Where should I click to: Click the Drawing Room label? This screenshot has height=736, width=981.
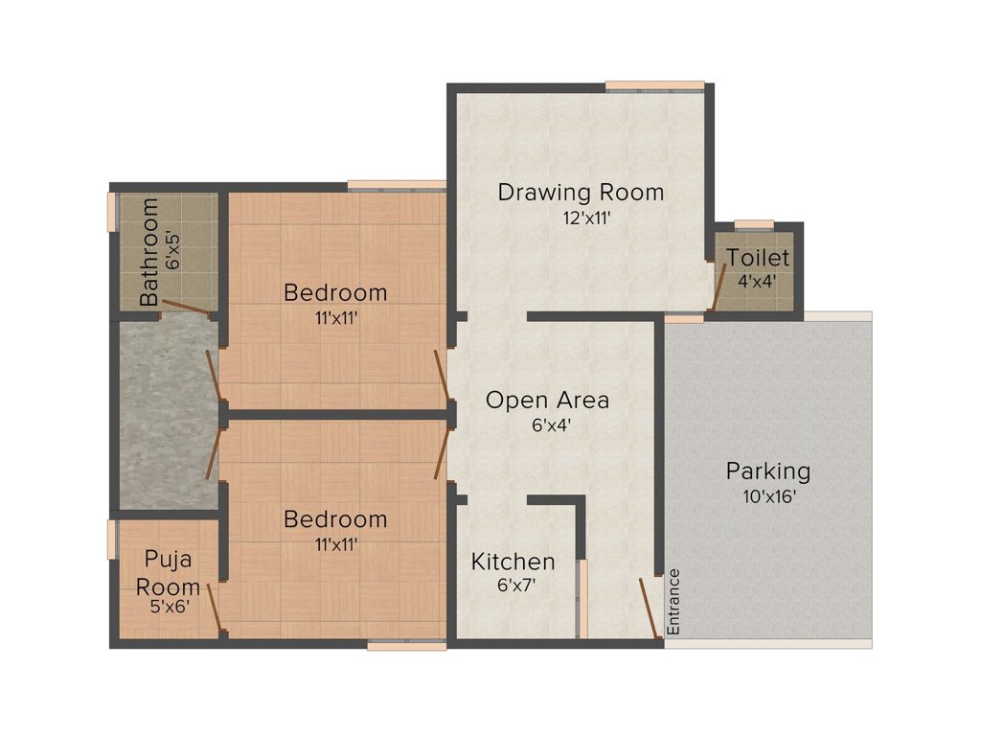[581, 192]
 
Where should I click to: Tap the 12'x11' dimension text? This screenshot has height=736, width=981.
[586, 218]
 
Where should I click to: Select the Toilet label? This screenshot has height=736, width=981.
[758, 258]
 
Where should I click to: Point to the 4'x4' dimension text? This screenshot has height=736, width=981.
[757, 281]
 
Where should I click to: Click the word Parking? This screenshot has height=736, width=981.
[767, 471]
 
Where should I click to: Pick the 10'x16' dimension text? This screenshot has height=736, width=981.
[769, 497]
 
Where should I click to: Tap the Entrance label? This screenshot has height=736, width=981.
[673, 602]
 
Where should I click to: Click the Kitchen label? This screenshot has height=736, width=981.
[513, 562]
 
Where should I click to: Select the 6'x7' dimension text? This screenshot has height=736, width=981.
[516, 586]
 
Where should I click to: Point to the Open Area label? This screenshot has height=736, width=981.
[547, 400]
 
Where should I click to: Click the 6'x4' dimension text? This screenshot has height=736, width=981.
[551, 425]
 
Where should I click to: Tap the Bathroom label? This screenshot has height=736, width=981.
[148, 252]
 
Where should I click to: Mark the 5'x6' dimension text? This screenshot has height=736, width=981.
[170, 607]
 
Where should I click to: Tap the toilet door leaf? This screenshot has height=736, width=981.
[719, 287]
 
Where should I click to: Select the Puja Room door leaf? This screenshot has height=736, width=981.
[214, 607]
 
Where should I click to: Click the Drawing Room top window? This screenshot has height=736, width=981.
[655, 86]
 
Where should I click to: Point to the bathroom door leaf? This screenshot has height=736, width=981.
[186, 307]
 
